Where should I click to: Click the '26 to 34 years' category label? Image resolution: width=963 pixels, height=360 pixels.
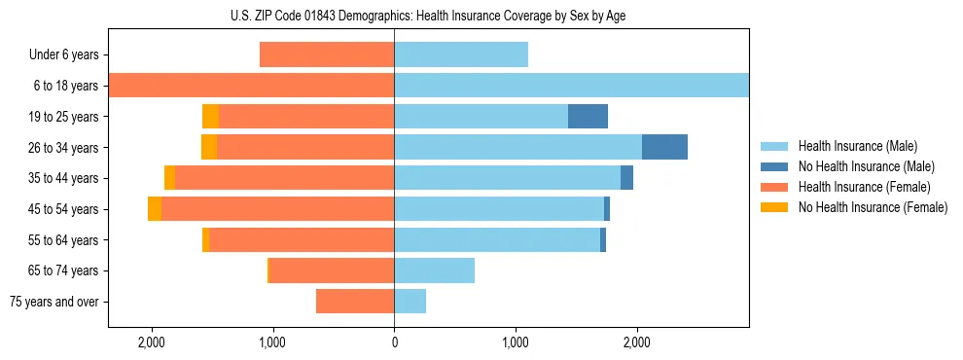pos(65,147)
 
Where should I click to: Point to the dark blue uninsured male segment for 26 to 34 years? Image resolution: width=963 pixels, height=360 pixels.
pos(664,147)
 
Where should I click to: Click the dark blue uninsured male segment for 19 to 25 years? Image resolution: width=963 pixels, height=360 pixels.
pos(588,117)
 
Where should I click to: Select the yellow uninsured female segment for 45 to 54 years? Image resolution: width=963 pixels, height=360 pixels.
pos(155,209)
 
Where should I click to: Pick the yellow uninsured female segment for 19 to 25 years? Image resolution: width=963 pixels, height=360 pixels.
pos(210,117)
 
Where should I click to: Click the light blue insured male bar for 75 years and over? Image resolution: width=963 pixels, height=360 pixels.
pos(410,302)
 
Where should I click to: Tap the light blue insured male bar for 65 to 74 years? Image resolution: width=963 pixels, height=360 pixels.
pos(434,270)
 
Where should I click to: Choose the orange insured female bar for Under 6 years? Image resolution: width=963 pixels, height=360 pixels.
pos(327,54)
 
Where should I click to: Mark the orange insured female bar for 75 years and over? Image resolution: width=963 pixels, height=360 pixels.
pos(355,302)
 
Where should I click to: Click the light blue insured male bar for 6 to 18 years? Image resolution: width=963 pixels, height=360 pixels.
pos(571,86)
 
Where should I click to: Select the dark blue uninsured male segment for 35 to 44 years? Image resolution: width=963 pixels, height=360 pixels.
pos(626,178)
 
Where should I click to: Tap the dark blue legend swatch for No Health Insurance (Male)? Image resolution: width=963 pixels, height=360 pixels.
pos(775,166)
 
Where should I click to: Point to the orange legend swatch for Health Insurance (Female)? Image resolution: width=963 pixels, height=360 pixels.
pos(775,187)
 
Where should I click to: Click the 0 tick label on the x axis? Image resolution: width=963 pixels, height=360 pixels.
pos(394,342)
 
